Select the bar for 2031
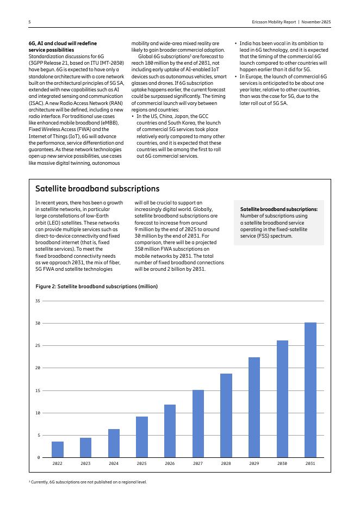coord(310,390)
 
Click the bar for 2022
coord(58,449)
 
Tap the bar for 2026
coord(170,431)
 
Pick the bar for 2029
coord(254,407)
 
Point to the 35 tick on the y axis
coord(38,301)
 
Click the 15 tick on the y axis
coord(38,390)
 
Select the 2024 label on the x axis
coord(114,464)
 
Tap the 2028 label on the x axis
coord(226,464)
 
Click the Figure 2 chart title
coord(96,286)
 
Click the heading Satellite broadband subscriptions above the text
coord(97,189)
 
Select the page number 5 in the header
coord(29,22)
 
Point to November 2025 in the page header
coord(316,22)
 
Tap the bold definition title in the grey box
coord(278,209)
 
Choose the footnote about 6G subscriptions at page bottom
coord(88,482)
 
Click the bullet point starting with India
coord(284,57)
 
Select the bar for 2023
coord(85,448)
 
